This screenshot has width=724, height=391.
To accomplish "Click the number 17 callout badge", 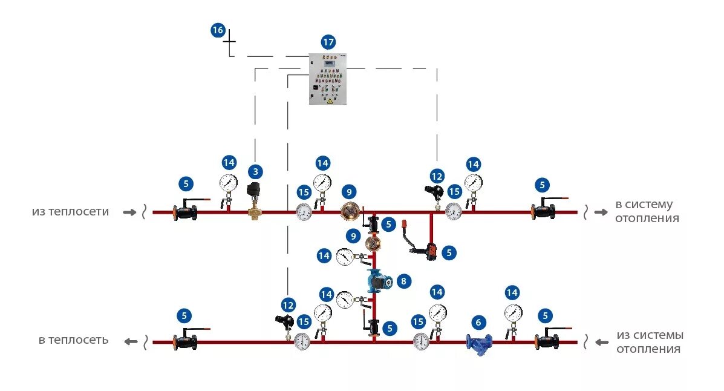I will click(x=328, y=42).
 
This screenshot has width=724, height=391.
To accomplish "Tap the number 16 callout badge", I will click(x=218, y=30).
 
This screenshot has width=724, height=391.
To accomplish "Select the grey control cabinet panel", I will click(x=328, y=79).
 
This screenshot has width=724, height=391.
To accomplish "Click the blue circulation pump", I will click(x=379, y=281).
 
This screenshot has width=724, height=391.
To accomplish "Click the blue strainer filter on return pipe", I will click(x=479, y=343).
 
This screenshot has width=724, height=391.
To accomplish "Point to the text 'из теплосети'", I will click(x=71, y=212).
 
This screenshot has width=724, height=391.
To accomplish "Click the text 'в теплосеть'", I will click(x=74, y=340).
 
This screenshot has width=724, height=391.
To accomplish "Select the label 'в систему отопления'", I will click(x=644, y=211).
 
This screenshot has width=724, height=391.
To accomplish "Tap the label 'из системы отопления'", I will click(x=650, y=342).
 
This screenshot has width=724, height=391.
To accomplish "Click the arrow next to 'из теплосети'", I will click(x=129, y=212).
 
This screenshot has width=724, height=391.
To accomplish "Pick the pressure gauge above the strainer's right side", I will click(x=513, y=313).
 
